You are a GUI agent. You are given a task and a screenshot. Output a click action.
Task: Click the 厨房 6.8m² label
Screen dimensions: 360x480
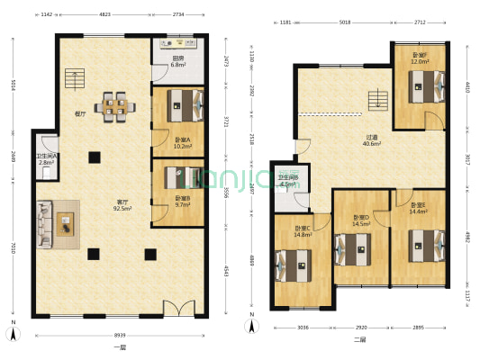[178, 61]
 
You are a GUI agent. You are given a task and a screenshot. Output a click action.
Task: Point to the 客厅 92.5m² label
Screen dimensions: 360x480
[122, 204]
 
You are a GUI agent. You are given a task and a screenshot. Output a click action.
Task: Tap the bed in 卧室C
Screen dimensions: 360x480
[297, 265]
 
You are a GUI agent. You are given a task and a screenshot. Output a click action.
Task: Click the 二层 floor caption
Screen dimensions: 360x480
[359, 340]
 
